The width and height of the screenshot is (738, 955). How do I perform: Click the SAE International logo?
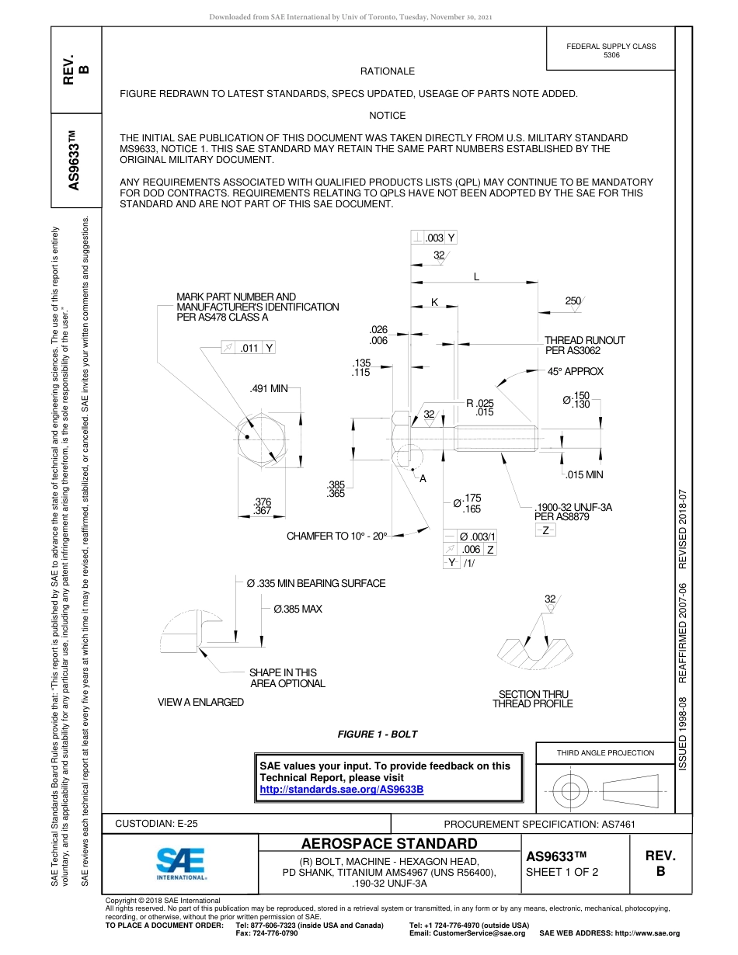coord(181,862)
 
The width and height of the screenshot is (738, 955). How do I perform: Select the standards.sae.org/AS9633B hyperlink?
coord(341,790)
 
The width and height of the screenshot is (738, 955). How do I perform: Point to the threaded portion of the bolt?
coord(495,439)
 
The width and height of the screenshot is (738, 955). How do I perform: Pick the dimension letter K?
coord(434,302)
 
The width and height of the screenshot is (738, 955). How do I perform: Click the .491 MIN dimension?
coord(269,389)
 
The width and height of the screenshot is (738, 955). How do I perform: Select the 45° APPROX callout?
coord(575,372)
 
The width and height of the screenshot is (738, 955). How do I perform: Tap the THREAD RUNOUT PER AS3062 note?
coord(584,346)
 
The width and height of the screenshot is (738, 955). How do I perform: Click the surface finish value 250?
coord(573,300)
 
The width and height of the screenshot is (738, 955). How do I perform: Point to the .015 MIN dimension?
coord(583,475)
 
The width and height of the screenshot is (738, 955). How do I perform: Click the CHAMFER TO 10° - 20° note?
coord(337,536)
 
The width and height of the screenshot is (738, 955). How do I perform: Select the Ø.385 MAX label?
coord(298,609)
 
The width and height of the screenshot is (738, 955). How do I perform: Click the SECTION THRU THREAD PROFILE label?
coord(533,699)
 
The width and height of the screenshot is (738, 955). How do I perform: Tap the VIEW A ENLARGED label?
coord(200,702)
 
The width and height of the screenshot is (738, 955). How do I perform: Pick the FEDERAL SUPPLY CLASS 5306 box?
coord(611,51)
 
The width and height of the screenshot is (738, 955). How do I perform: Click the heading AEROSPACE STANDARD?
coord(389,844)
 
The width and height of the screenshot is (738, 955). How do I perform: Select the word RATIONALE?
coord(388,71)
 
